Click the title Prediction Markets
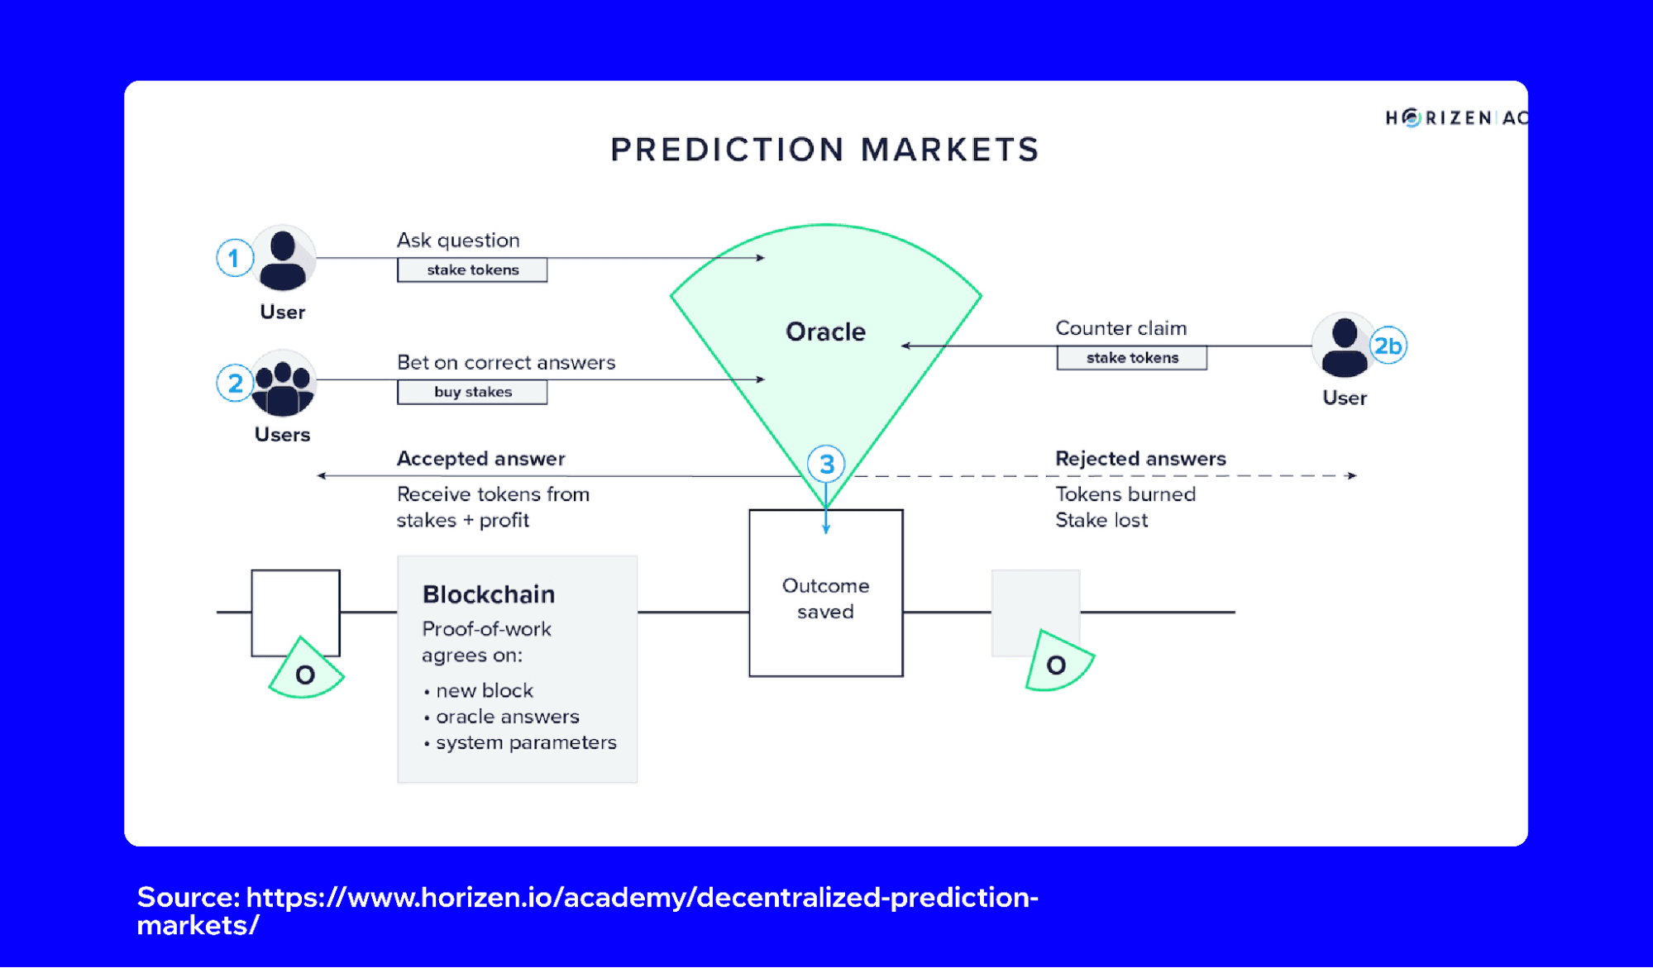[824, 150]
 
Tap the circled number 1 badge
[234, 259]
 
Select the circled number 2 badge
[234, 384]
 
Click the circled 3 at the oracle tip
[826, 465]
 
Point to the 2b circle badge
[1388, 346]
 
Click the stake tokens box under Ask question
[472, 270]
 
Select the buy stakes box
[472, 392]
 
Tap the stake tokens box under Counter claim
[1131, 358]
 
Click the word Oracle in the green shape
[825, 331]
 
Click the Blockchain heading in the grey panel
[489, 594]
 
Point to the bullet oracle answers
[507, 717]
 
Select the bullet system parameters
[525, 742]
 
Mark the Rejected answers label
[1140, 459]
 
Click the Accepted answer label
[480, 459]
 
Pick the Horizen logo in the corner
[1455, 118]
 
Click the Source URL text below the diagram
[587, 910]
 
